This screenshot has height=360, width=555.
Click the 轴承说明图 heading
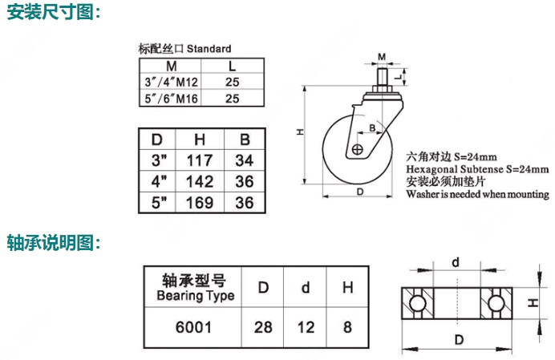[x=54, y=243]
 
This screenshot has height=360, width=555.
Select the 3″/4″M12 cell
[x=171, y=82]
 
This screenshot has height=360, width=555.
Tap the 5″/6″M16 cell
[x=171, y=99]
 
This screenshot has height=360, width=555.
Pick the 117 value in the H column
[x=200, y=160]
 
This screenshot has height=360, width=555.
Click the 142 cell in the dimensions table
[x=200, y=181]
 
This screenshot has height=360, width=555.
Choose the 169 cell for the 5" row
[x=200, y=203]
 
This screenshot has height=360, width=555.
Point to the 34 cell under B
[x=245, y=160]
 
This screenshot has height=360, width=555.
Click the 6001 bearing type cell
[x=193, y=327]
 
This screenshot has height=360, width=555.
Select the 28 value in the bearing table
[x=263, y=327]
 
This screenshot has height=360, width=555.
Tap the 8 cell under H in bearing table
[x=347, y=327]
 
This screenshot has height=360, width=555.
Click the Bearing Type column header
[x=195, y=288]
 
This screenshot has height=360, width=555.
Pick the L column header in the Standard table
[x=233, y=67]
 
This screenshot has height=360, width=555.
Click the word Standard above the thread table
[x=209, y=48]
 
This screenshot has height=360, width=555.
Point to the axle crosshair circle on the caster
[x=358, y=149]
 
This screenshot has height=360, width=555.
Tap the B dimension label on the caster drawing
[x=372, y=127]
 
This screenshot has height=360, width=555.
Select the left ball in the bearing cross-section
[x=417, y=303]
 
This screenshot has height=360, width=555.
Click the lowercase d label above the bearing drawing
[x=456, y=263]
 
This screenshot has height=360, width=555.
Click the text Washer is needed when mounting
[x=477, y=194]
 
